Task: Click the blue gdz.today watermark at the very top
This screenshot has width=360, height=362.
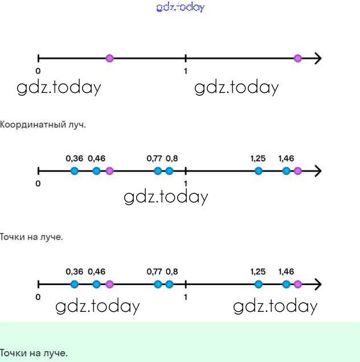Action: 180,7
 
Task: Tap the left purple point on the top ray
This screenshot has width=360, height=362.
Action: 110,58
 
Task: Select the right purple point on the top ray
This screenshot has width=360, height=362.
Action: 297,58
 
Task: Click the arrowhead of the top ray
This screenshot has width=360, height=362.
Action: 318,58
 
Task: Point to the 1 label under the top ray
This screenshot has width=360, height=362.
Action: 186,71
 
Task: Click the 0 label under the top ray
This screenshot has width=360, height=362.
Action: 38,71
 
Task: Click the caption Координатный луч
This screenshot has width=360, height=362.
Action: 43,124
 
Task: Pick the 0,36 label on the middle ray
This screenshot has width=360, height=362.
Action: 75,158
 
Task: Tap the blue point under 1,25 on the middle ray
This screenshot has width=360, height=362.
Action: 259,171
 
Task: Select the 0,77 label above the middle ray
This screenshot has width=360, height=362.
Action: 154,158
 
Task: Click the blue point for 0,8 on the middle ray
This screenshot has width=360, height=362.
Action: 169,171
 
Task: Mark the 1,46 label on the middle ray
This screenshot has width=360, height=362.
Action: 286,158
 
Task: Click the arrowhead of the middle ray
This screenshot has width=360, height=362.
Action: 318,171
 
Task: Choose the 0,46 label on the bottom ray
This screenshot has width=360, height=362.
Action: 97,272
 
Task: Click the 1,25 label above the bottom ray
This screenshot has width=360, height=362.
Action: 258,272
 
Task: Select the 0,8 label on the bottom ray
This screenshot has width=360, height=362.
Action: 171,272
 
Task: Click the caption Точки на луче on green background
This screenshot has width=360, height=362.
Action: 34,353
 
